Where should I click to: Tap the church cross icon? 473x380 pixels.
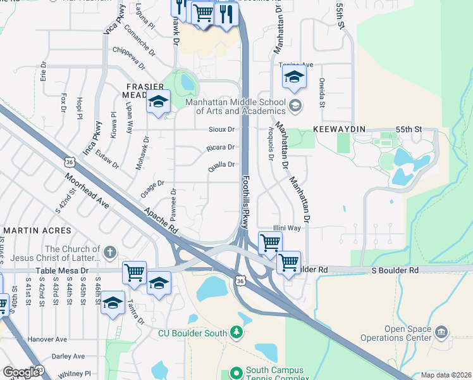pos(109,252)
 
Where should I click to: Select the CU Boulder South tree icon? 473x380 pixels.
pos(236,332)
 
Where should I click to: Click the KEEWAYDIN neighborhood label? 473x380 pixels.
pos(340,129)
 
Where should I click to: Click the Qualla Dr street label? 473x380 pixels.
pos(222,165)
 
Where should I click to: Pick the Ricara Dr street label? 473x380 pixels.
pos(220,148)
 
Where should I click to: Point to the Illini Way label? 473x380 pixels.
pos(286,227)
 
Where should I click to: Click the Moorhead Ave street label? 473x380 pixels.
pos(85,188)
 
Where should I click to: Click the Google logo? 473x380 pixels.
pos(21,372)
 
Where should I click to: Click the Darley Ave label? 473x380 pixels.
pos(68,356)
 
